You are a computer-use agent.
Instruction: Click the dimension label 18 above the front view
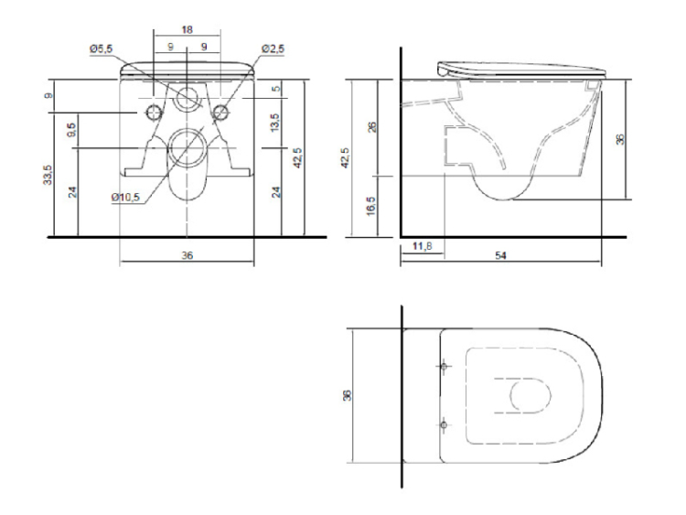187,30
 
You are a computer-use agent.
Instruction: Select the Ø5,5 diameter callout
101,48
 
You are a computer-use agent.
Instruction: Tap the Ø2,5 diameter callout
273,48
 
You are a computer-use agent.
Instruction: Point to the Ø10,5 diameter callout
125,198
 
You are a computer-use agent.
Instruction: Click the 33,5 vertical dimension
48,174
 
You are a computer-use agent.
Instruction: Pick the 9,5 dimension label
72,130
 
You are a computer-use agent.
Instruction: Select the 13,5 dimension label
274,123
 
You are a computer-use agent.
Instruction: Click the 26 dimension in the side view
372,127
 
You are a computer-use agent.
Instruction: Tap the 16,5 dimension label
371,206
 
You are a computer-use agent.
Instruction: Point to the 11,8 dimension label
423,246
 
